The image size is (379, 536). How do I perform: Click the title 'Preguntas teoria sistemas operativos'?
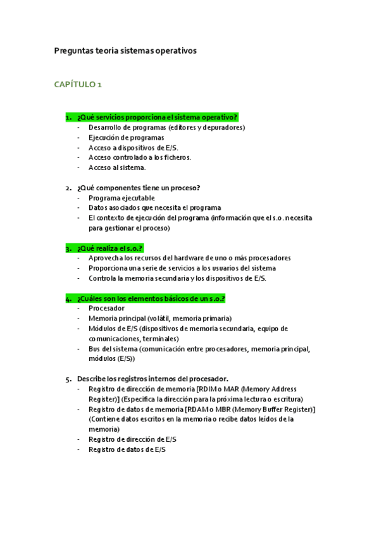[x=126, y=50]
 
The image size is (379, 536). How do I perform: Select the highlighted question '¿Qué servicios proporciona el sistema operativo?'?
[x=157, y=117]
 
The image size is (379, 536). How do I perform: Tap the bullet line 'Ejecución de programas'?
[x=127, y=137]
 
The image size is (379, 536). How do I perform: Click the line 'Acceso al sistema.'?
[x=117, y=167]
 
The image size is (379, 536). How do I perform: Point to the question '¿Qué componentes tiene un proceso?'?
[x=139, y=188]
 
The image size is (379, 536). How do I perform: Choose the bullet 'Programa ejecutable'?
[x=121, y=198]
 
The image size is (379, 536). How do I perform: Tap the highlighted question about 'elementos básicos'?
[x=151, y=298]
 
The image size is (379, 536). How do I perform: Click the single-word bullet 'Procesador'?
[x=106, y=308]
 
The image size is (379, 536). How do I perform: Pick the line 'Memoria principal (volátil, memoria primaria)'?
[x=160, y=319]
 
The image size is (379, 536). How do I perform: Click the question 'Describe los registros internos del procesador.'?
[x=152, y=378]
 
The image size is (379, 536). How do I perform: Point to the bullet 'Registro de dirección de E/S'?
[x=132, y=439]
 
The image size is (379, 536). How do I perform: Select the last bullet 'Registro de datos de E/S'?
[x=127, y=449]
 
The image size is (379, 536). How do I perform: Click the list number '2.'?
[x=68, y=188]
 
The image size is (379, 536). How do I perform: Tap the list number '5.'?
[x=68, y=378]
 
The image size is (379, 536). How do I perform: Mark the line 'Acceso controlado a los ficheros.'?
[x=140, y=157]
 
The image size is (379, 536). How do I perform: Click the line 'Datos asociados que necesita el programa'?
[x=155, y=208]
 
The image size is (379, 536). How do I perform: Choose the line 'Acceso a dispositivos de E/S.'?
[x=134, y=147]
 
